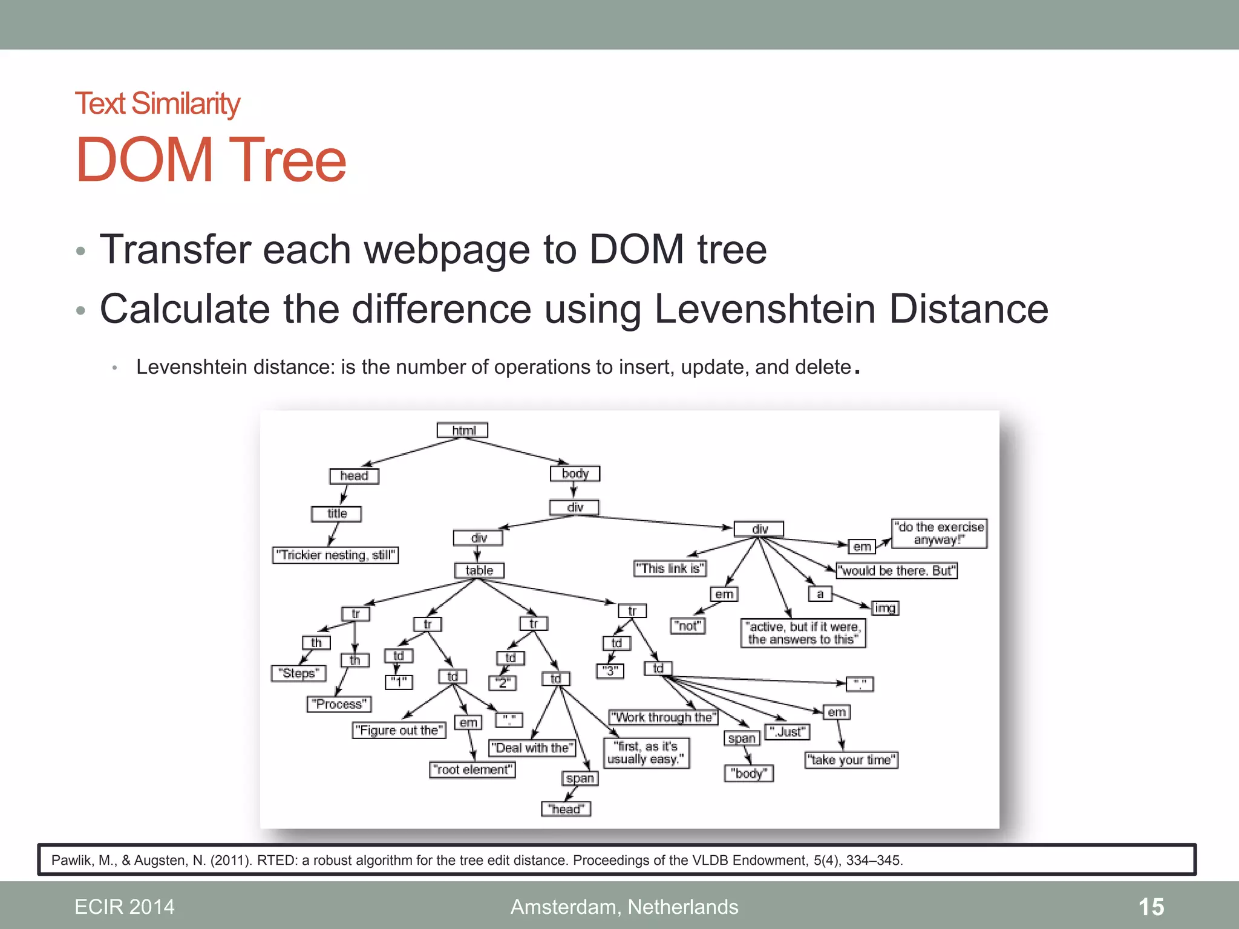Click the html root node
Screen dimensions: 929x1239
click(x=462, y=430)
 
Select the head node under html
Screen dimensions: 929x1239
click(x=354, y=476)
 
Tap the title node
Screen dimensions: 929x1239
click(x=336, y=513)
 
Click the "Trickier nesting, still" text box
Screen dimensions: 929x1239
click(x=335, y=555)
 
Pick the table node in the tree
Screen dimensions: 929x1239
click(x=479, y=570)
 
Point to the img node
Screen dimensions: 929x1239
click(x=885, y=608)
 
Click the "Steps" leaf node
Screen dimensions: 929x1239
click(x=299, y=673)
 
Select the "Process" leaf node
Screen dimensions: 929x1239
click(x=339, y=704)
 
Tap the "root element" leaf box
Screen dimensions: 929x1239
click(x=472, y=770)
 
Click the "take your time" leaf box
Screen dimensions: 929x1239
click(x=851, y=760)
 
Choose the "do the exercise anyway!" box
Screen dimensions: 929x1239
click(x=940, y=533)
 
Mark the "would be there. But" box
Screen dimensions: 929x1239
click(x=897, y=570)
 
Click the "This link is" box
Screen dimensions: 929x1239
click(x=670, y=569)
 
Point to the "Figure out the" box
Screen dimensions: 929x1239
click(x=399, y=731)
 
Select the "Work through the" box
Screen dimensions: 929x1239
click(x=663, y=717)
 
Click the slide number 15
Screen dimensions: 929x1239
click(x=1151, y=907)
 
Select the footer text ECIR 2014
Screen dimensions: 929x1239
click(x=124, y=907)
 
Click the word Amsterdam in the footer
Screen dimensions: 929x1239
click(x=565, y=907)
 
